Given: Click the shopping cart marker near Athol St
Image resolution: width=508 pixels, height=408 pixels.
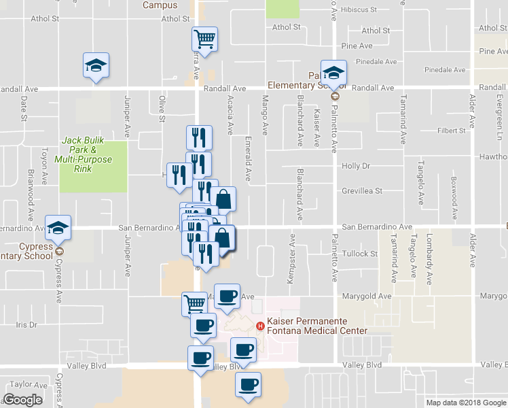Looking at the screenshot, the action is click(205, 38).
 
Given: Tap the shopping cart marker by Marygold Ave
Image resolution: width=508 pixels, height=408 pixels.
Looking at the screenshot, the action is click(195, 303).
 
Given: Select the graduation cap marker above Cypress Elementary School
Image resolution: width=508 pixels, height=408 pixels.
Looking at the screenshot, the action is click(59, 228).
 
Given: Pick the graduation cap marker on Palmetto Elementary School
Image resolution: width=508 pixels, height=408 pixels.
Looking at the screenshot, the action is click(333, 72).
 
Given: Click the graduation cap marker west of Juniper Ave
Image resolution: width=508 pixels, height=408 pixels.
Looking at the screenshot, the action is click(96, 65).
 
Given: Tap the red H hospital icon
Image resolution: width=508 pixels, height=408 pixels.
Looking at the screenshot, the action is click(259, 326).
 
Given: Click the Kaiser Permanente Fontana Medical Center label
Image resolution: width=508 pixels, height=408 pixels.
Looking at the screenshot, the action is click(317, 326).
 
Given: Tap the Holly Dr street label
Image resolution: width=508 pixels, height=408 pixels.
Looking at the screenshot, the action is click(355, 165).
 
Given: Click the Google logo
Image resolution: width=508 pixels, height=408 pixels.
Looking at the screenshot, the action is click(22, 399).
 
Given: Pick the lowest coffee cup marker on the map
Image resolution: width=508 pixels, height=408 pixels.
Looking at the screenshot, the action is click(248, 384).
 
